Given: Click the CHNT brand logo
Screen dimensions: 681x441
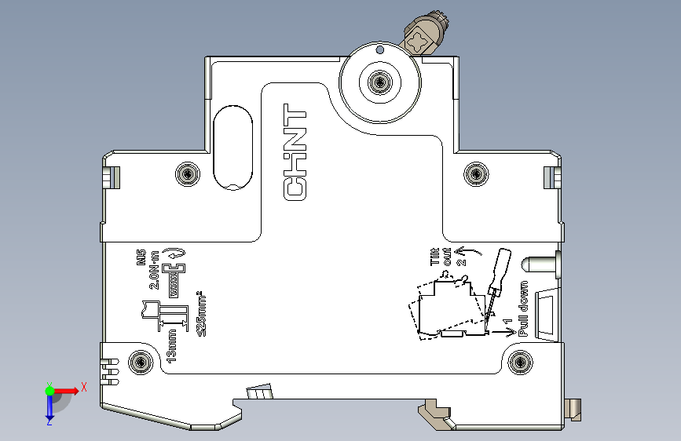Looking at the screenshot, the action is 296,152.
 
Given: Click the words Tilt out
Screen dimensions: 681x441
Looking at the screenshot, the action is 442,257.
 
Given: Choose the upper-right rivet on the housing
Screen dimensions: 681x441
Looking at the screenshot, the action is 475,173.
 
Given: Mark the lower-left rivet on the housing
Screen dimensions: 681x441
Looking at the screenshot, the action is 142,363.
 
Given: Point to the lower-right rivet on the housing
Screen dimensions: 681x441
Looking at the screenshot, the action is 519,363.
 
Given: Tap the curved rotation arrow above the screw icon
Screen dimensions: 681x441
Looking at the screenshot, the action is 178,253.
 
